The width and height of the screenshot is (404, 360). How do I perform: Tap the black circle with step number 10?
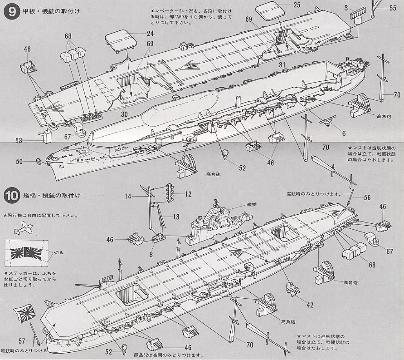(x=10, y=196)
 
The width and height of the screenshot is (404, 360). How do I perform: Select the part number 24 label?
(x=151, y=33)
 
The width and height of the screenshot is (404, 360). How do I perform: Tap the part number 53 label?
(x=19, y=141)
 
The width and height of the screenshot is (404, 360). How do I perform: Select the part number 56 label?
(x=367, y=197)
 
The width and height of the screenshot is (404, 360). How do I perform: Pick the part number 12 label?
(x=188, y=194)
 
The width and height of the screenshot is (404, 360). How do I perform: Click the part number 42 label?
(x=310, y=305)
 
